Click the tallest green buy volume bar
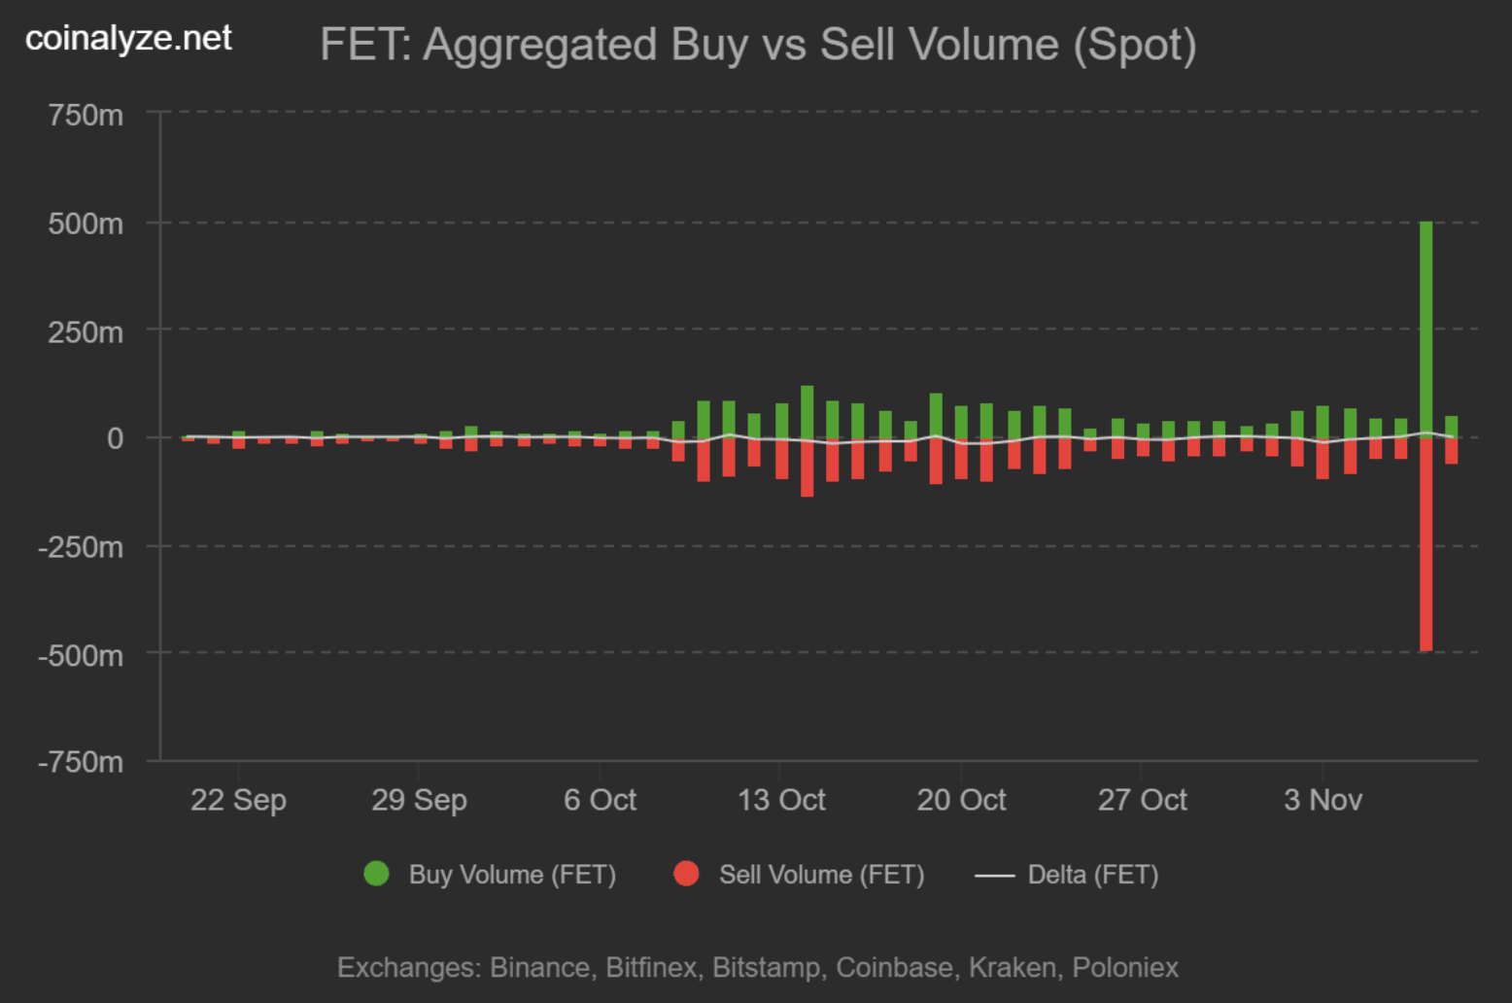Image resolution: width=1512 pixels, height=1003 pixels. (1426, 330)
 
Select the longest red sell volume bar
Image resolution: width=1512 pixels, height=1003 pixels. (1426, 544)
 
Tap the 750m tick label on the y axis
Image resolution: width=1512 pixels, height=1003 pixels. (86, 116)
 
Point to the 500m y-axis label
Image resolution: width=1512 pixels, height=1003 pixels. (86, 224)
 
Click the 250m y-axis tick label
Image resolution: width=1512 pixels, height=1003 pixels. (86, 332)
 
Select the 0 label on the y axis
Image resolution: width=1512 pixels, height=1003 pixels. (115, 438)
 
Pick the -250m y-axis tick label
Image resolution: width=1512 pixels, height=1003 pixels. (81, 547)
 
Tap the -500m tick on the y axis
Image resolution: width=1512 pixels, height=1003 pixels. (81, 655)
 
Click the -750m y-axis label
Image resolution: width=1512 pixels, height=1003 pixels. (81, 762)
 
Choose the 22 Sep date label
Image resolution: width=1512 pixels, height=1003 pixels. (238, 800)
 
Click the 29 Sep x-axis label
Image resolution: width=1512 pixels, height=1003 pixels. (419, 800)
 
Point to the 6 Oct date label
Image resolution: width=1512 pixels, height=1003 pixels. (600, 800)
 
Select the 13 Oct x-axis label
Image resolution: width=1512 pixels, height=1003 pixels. (781, 800)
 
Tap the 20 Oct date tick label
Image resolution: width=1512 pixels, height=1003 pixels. (961, 800)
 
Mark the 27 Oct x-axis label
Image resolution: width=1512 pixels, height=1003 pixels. (1142, 800)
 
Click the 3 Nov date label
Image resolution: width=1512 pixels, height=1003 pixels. (1323, 800)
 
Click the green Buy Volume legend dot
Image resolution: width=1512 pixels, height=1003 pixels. (376, 874)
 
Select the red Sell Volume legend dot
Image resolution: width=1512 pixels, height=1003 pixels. (686, 874)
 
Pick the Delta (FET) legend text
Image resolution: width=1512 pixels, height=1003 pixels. (1093, 875)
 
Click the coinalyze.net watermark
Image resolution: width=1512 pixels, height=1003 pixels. (128, 38)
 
